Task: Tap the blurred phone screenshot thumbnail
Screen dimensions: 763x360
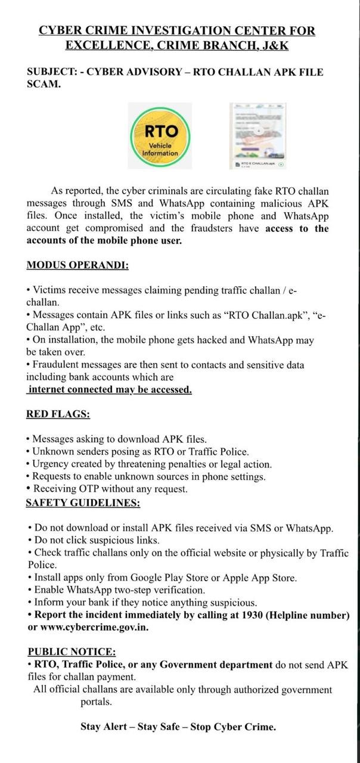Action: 258,136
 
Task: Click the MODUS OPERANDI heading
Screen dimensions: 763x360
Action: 77,265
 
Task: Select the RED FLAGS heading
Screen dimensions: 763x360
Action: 58,414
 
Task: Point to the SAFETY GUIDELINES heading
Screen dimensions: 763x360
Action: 83,503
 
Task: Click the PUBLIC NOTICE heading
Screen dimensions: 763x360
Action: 72,652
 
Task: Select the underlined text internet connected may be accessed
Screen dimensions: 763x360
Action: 110,389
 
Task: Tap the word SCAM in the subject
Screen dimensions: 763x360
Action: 42,84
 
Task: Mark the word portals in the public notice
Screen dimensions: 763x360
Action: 96,702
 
